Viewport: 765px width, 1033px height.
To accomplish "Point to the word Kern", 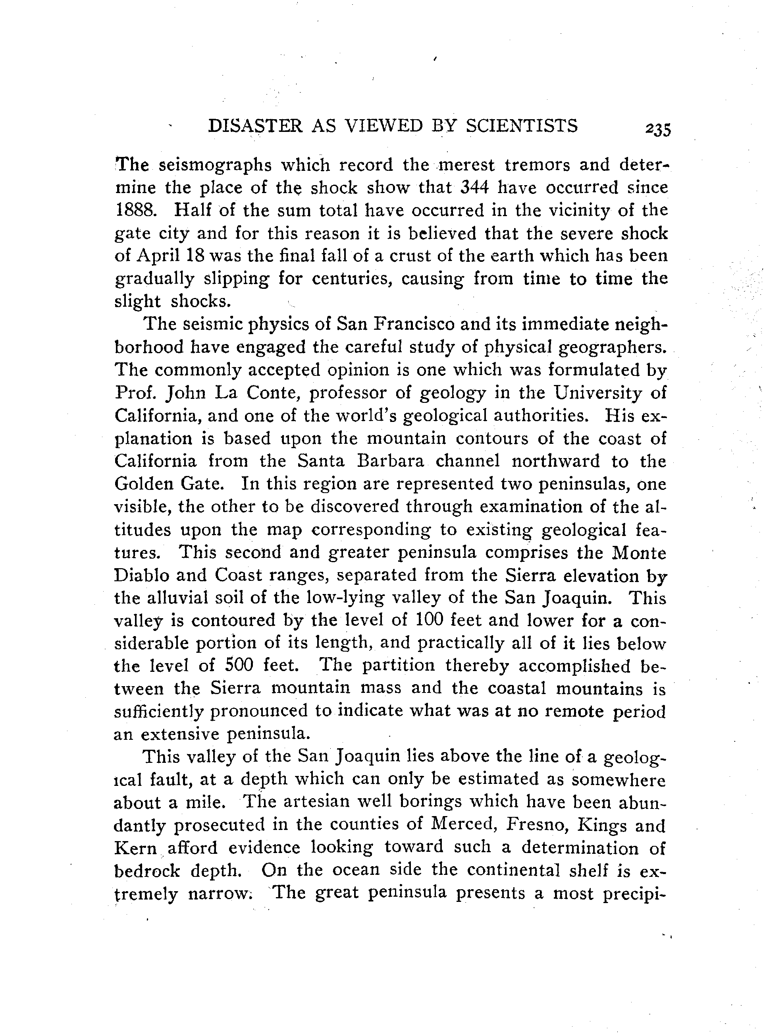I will pos(135,848).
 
